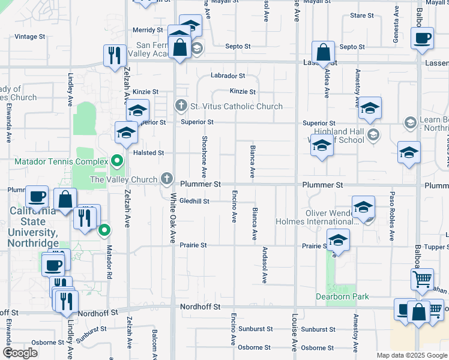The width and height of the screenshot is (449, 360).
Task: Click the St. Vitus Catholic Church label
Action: coord(236,107)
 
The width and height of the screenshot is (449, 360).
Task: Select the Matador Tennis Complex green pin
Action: coord(118,161)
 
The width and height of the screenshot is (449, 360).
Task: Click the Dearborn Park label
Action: coord(343,296)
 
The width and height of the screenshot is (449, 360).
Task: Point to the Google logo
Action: coord(20,353)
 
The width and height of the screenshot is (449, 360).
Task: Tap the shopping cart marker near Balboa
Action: coord(422,279)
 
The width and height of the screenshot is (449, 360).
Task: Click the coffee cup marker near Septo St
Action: coord(422,39)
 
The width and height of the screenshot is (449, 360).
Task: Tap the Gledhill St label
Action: coord(193,201)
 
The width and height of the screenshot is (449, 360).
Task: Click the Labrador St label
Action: coord(228,76)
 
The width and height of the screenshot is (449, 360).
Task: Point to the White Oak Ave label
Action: coord(173,221)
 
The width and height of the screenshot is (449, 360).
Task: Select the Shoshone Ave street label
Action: coord(204,156)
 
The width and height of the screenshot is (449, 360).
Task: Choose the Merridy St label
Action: coord(148,30)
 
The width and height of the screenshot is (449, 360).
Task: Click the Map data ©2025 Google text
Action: coord(412,355)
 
